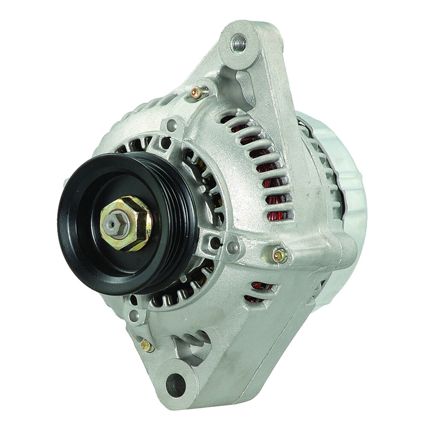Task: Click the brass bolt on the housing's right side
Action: click(x=279, y=255)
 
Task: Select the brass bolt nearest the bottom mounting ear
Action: click(x=147, y=346)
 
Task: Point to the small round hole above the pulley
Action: click(x=172, y=125)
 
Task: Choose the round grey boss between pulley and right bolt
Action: click(x=233, y=246)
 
